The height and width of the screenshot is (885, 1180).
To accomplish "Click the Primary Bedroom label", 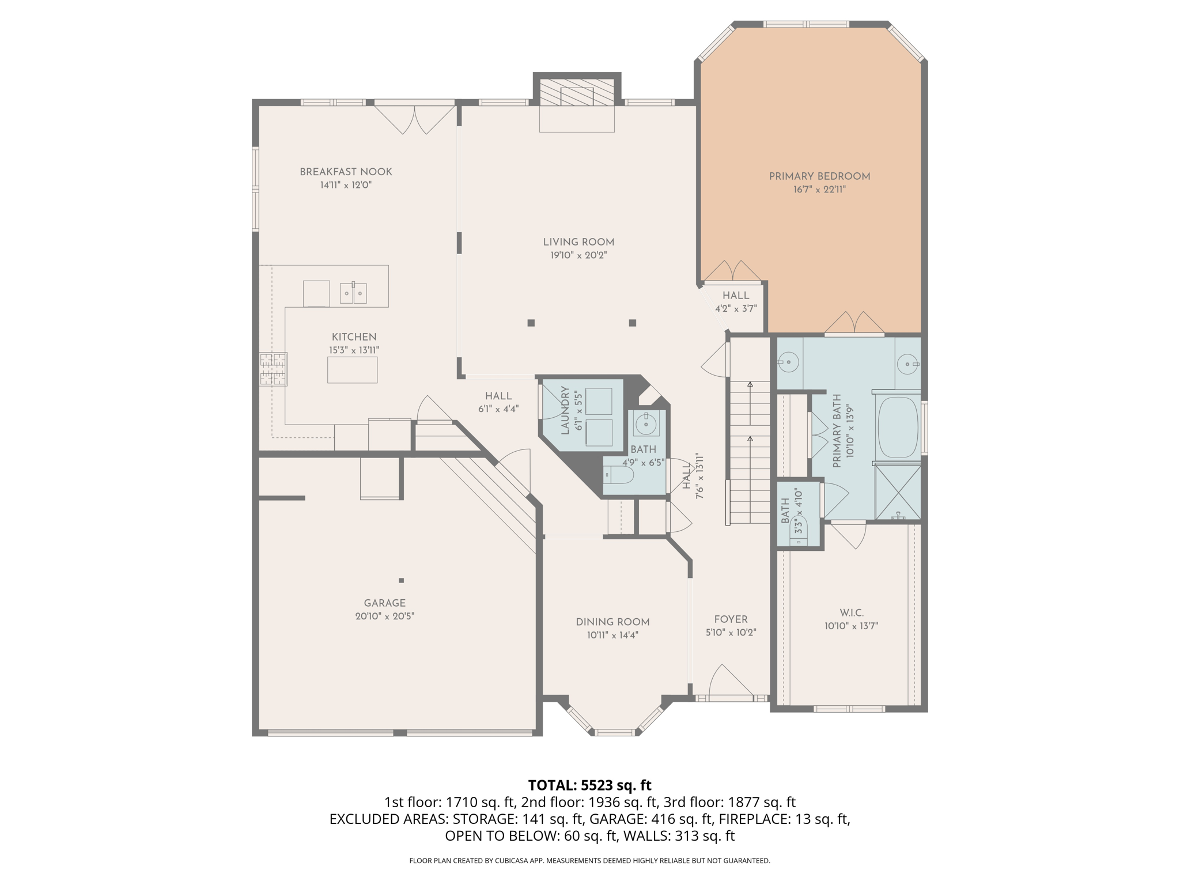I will (x=819, y=176).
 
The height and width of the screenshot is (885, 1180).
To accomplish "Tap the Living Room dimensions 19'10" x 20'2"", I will (x=578, y=255).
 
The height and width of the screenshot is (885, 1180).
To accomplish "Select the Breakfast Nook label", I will (x=346, y=172).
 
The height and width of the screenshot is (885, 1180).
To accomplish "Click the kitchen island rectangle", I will (x=352, y=370).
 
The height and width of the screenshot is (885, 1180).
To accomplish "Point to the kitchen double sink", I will (x=353, y=293).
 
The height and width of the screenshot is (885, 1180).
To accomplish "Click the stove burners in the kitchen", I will (x=273, y=369).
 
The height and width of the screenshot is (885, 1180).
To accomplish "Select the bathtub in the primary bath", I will (x=897, y=428).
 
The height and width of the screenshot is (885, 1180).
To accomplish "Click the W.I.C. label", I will (x=851, y=613).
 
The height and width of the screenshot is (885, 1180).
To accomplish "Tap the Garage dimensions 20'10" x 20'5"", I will (x=384, y=616).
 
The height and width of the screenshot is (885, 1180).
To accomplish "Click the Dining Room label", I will (x=612, y=622).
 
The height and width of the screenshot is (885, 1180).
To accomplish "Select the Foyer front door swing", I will (x=729, y=683).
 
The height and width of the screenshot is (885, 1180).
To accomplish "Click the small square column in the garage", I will (x=402, y=580).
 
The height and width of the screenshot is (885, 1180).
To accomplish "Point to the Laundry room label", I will (x=565, y=410).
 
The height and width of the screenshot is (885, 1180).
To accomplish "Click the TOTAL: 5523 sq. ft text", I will (x=589, y=785).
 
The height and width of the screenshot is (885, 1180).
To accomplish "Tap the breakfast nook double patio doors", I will (x=414, y=118).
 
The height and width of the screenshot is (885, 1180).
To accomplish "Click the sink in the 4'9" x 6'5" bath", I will (x=645, y=424).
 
